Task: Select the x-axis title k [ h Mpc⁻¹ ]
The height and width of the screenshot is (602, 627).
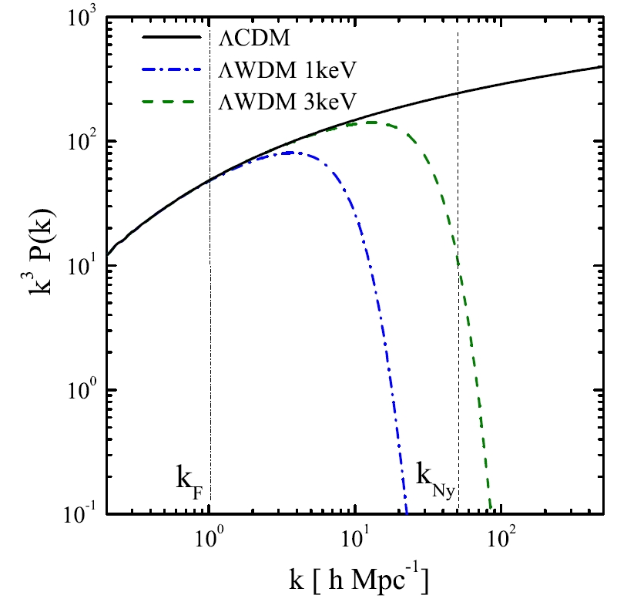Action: [356, 577]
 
